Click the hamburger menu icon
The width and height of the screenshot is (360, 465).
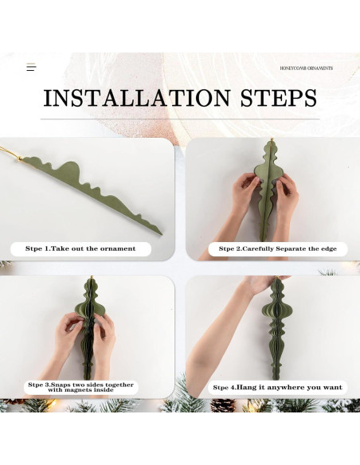tap(31, 68)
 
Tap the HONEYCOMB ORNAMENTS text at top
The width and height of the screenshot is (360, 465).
tap(307, 68)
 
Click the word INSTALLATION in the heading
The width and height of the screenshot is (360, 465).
tap(137, 98)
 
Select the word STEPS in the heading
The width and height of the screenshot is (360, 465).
tap(278, 98)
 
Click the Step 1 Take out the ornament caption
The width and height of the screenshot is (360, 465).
tap(80, 248)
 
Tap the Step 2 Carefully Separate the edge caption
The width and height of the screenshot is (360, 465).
tap(278, 248)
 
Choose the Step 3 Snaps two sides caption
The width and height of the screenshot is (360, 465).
tap(80, 387)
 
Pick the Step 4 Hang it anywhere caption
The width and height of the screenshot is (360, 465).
tap(277, 387)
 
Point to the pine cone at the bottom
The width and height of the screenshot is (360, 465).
tap(223, 405)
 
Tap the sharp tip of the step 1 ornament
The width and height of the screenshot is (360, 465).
tap(162, 234)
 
